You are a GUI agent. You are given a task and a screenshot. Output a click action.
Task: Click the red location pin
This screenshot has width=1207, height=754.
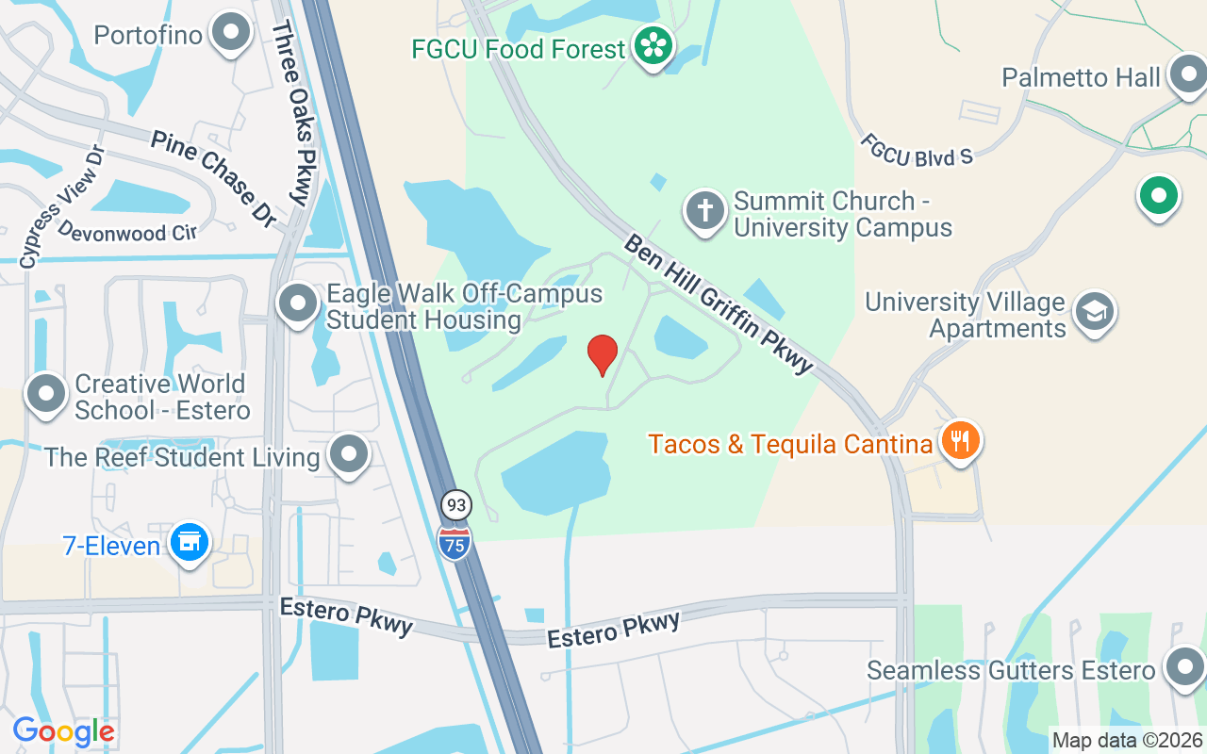pos(602,354)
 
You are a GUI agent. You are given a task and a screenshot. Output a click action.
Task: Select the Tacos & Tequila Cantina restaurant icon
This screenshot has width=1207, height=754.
pos(960,440)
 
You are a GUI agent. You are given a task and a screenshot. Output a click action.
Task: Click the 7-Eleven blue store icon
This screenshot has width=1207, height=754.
pos(190,542)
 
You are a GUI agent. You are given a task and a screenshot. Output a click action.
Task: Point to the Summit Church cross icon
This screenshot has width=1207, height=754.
pos(705,211)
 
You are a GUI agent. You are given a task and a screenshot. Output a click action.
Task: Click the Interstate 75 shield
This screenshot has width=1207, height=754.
pos(455,543)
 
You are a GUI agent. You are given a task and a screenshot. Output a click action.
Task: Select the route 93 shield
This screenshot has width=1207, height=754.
pos(456,506)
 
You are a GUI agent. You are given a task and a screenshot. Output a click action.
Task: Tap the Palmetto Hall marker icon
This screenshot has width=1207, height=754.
pos(1186,74)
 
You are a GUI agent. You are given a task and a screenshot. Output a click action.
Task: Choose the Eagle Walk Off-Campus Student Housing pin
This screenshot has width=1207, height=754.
pos(299,303)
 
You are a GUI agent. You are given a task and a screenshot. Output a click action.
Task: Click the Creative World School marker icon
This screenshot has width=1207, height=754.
pos(46,395)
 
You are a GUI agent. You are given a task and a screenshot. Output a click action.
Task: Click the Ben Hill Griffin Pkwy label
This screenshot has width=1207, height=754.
pos(718,303)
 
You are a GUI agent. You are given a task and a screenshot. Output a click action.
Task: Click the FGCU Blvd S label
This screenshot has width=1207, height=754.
pos(916,150)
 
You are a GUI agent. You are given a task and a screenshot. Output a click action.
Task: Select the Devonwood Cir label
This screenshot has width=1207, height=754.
pos(126,231)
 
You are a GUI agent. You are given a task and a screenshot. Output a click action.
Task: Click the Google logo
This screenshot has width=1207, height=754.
pos(64,730)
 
